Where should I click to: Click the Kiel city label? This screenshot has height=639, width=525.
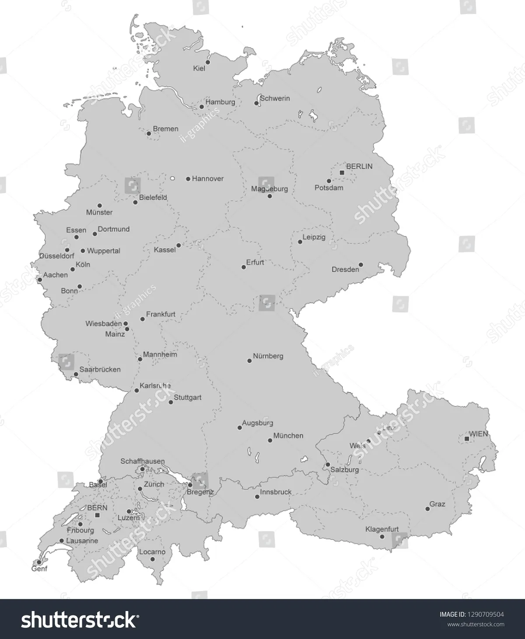click(x=199, y=69)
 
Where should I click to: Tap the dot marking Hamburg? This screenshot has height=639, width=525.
click(x=202, y=107)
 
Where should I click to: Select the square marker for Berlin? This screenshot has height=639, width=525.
click(x=342, y=173)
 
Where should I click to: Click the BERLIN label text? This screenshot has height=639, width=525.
click(x=359, y=166)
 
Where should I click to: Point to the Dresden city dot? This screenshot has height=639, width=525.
click(x=360, y=264)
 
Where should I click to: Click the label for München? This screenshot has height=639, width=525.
click(x=288, y=436)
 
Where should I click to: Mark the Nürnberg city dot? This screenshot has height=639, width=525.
click(x=249, y=361)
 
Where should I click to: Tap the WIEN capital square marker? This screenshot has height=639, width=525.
click(x=467, y=438)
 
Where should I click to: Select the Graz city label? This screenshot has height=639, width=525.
click(x=437, y=504)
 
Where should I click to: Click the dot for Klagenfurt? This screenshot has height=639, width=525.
click(x=382, y=536)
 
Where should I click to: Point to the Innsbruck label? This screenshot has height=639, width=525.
click(x=276, y=492)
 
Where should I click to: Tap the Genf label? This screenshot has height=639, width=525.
click(x=39, y=569)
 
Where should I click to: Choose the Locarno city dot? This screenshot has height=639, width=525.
click(x=152, y=559)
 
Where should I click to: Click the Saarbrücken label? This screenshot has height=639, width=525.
click(x=100, y=369)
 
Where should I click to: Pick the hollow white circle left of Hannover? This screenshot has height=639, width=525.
click(x=172, y=178)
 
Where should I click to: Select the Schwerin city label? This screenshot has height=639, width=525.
click(x=275, y=98)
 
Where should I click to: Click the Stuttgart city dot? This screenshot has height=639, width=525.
click(x=171, y=402)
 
